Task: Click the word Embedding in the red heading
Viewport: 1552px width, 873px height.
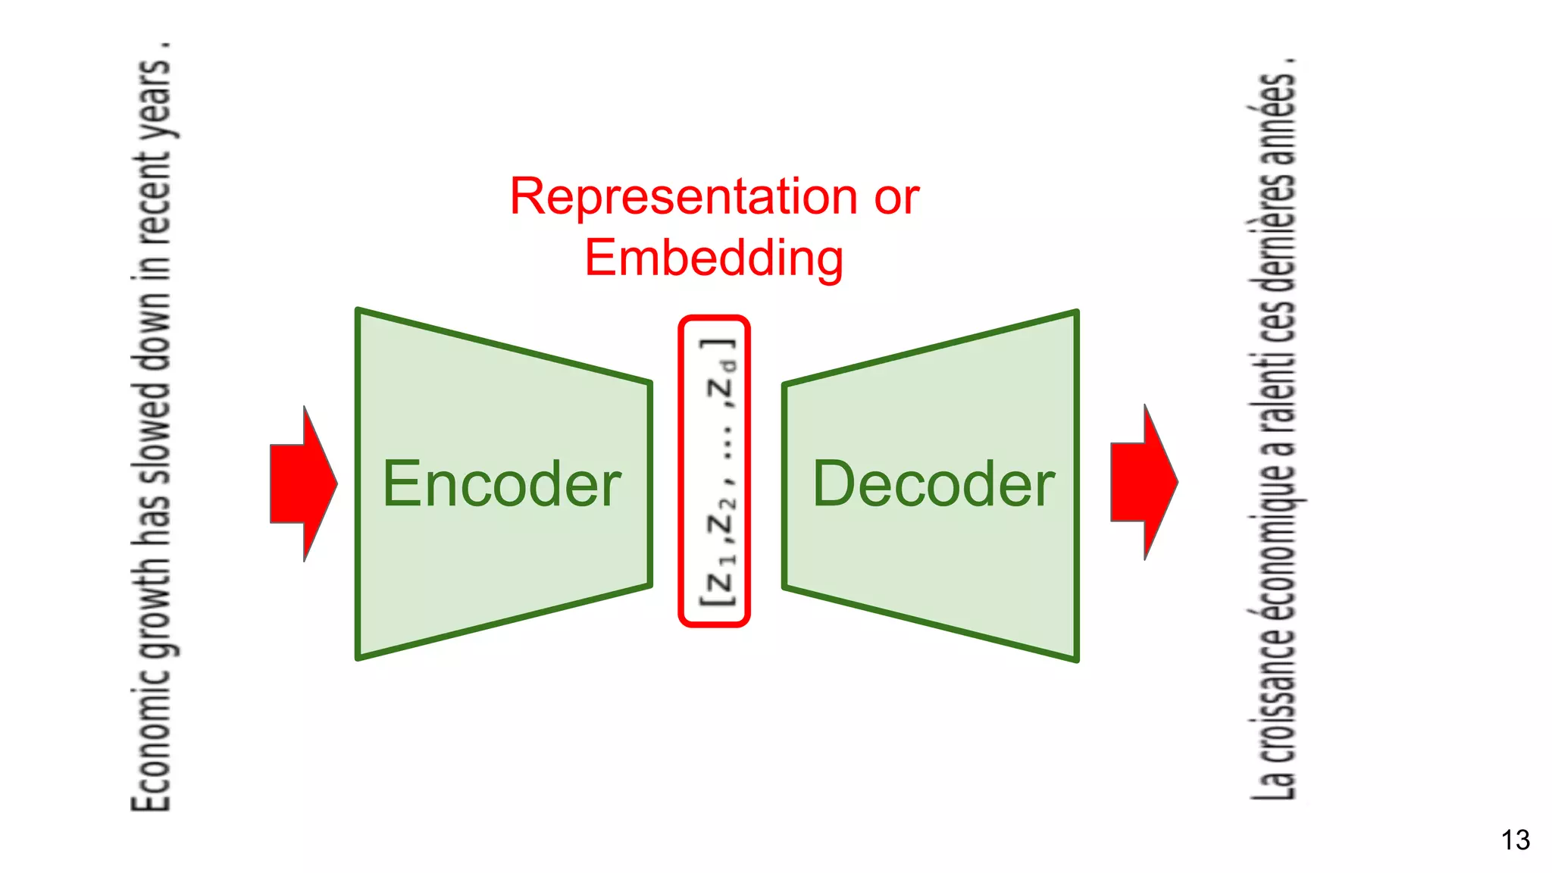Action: pos(714,258)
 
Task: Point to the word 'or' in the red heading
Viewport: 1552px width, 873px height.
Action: pos(896,197)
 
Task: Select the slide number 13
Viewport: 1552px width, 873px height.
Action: pos(1515,840)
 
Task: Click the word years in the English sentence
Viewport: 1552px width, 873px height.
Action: pos(155,99)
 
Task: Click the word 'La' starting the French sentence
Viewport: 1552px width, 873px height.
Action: pos(1275,781)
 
